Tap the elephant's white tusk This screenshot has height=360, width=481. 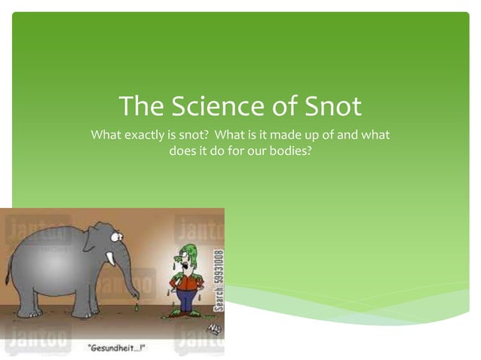[x=111, y=259]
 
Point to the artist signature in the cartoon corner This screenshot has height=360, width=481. [x=213, y=327]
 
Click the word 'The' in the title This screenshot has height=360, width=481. [x=136, y=106]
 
